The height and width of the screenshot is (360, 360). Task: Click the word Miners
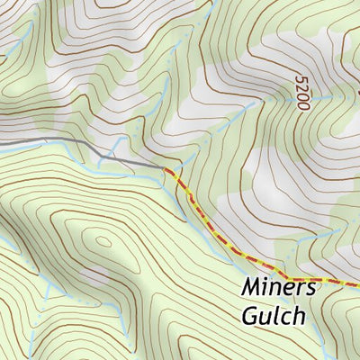(279, 289)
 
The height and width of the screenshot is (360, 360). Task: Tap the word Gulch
(273, 317)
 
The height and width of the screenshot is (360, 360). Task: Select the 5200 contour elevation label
(301, 93)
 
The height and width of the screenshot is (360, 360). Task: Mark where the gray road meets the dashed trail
(166, 168)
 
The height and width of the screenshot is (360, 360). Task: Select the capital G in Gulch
(251, 317)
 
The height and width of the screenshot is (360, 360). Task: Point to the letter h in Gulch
(299, 316)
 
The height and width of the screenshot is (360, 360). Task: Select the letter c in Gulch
(286, 318)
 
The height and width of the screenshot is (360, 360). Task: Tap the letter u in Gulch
(266, 318)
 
